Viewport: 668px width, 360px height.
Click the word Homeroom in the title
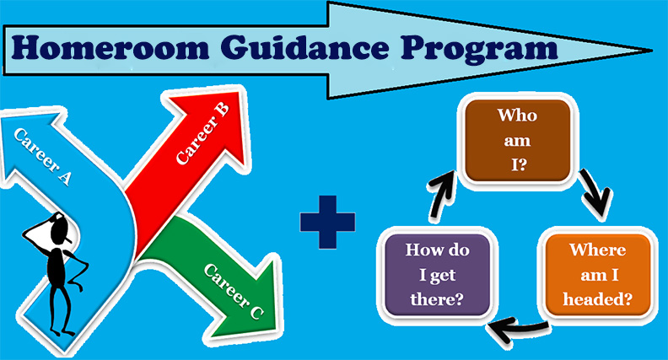pos(110,47)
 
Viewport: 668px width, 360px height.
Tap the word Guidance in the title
pos(304,49)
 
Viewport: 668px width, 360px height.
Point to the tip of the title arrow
pos(652,51)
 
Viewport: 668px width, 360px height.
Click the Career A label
pos(42,156)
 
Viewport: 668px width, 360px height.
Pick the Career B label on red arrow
pos(202,133)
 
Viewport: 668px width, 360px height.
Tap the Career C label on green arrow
pos(234,291)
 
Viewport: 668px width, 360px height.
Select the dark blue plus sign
pos(327,222)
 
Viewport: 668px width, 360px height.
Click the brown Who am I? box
pos(518,141)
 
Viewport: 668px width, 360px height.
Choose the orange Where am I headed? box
pos(598,275)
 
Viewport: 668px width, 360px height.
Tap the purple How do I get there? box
pos(437,275)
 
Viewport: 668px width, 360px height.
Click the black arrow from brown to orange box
pos(595,191)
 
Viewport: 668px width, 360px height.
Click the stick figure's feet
pos(62,331)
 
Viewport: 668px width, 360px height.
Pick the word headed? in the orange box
pos(598,299)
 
